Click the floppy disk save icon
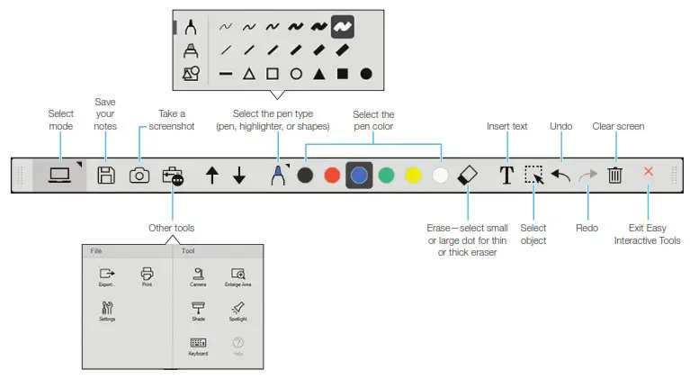[105, 176]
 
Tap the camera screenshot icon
[139, 176]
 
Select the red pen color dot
[332, 176]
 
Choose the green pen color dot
[386, 176]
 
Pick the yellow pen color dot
[413, 176]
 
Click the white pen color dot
[440, 176]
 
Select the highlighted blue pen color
[359, 176]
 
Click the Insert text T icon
[506, 176]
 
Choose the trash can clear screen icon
[615, 176]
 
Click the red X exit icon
[649, 172]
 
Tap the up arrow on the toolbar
[212, 176]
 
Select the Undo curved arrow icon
[560, 176]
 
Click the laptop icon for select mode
[59, 175]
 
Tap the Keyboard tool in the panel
[199, 343]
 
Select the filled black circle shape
[366, 74]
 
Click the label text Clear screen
[618, 126]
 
